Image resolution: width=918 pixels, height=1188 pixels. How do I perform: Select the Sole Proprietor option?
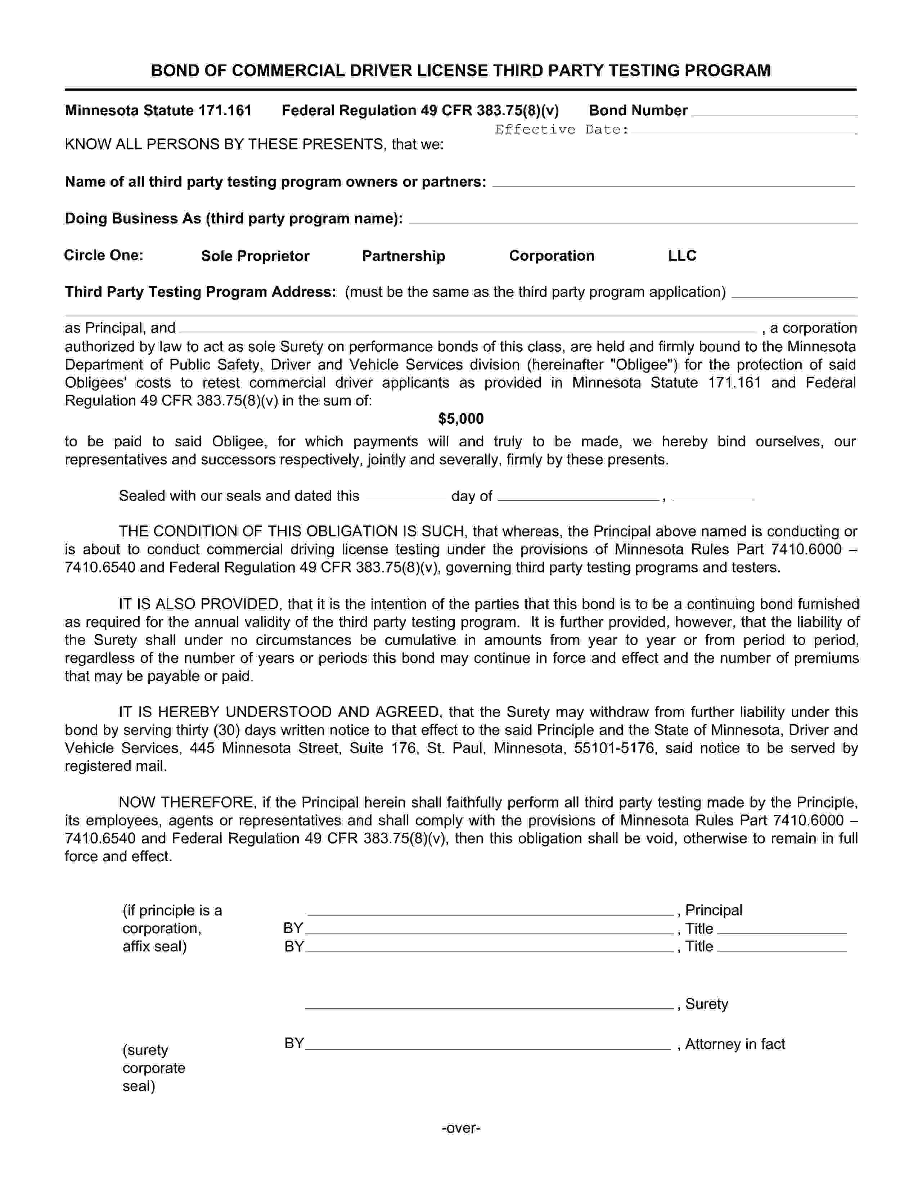(255, 256)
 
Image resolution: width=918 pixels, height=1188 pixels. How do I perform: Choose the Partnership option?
(404, 256)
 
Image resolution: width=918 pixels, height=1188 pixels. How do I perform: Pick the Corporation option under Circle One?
(552, 256)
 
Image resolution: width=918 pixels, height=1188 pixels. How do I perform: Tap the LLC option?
(682, 256)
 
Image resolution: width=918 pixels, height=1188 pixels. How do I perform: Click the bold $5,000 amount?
(461, 419)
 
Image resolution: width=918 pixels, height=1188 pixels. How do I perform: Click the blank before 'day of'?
(406, 497)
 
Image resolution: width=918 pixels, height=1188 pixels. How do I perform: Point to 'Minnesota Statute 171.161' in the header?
(158, 111)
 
